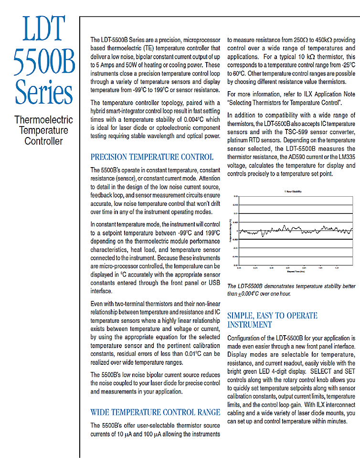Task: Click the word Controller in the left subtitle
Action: point(43,141)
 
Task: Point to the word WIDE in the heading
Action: point(101,412)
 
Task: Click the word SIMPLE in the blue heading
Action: point(241,316)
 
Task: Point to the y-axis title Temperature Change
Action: point(230,231)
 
